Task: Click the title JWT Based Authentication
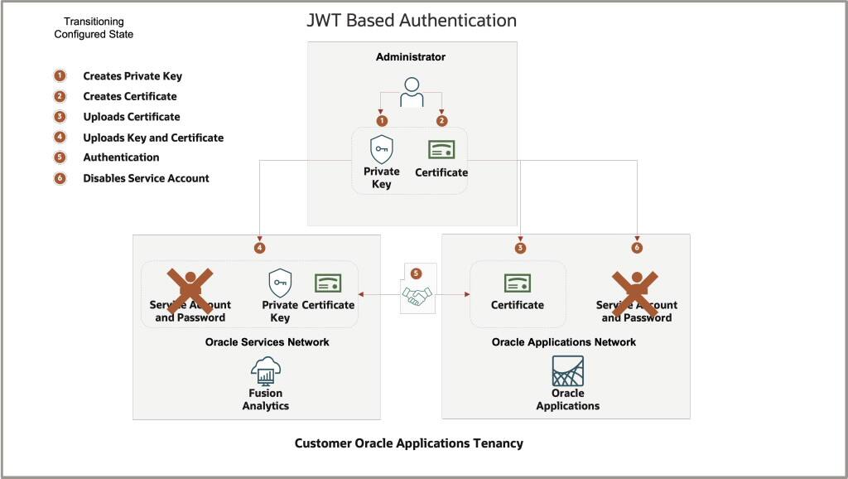412,21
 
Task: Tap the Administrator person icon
411,92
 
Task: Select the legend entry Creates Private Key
132,76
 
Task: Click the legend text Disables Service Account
146,178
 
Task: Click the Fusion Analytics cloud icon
266,371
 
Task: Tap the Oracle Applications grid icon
568,370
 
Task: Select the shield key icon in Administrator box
381,150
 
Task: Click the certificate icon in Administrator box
441,150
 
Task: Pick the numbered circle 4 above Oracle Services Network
260,248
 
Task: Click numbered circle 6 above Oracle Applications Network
637,248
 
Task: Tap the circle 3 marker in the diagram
520,248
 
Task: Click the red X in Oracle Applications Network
636,289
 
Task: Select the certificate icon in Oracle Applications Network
518,283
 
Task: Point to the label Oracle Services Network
267,342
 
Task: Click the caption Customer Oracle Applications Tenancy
409,443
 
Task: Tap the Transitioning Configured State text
94,28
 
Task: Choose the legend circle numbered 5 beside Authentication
60,157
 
